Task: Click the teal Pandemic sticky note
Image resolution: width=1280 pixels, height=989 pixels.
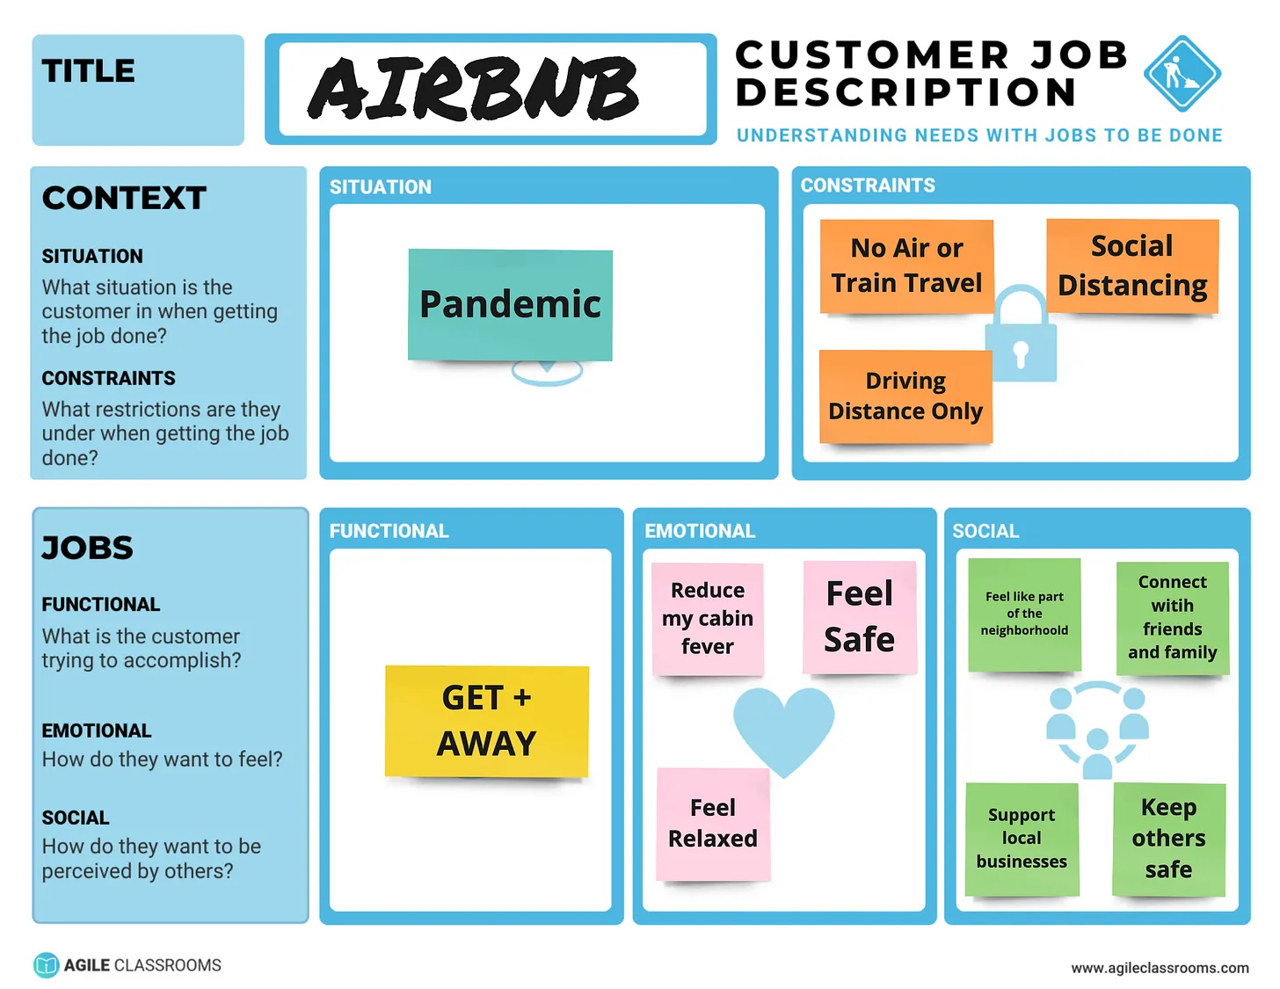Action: (x=510, y=305)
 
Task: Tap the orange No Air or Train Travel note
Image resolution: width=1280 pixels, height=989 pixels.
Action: (x=906, y=265)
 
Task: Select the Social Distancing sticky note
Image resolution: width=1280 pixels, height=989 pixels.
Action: (x=1132, y=265)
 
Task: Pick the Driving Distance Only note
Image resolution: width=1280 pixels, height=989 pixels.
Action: (x=905, y=396)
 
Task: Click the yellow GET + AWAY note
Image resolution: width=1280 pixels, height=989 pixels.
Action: (x=486, y=721)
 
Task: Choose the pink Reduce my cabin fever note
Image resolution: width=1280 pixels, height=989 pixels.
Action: (x=708, y=619)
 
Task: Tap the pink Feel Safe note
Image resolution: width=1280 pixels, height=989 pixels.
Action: (x=859, y=616)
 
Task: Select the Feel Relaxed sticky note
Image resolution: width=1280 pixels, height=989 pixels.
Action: (x=713, y=824)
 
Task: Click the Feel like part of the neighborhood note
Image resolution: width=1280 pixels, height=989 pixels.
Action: (x=1024, y=614)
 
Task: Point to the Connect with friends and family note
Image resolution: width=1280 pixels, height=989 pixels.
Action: (x=1172, y=618)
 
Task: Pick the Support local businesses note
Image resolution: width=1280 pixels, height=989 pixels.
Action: (x=1022, y=839)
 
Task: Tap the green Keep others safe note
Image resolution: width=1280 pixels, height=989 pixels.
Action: (x=1168, y=839)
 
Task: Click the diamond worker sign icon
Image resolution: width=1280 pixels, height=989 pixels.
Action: (x=1182, y=74)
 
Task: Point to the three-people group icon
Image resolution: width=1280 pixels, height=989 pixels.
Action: (x=1097, y=728)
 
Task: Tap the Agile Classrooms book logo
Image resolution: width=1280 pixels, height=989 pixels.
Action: (x=46, y=965)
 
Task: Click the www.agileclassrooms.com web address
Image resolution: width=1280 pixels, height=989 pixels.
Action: (x=1160, y=968)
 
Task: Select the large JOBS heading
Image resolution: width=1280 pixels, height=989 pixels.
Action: (x=88, y=548)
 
